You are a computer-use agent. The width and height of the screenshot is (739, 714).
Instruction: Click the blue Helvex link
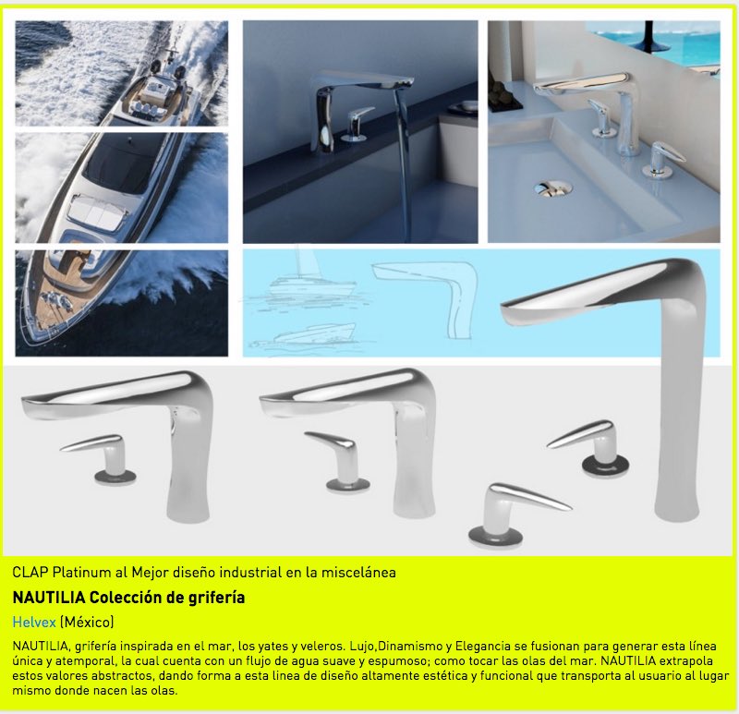pyautogui.click(x=34, y=623)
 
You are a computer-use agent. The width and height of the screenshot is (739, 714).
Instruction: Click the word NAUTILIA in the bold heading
pyautogui.click(x=49, y=598)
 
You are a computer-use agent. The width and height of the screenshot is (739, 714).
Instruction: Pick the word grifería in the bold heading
pyautogui.click(x=216, y=598)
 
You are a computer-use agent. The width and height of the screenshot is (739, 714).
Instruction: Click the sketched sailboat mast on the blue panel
pyautogui.click(x=297, y=263)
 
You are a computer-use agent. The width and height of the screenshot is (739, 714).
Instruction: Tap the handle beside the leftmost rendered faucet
pyautogui.click(x=101, y=458)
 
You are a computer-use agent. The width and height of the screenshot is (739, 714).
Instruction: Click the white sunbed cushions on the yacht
pyautogui.click(x=98, y=212)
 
